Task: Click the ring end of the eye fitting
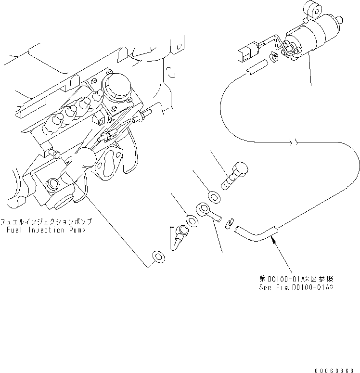[x=203, y=209]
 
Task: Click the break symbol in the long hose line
[x=295, y=142]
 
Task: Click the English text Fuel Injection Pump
[x=46, y=230]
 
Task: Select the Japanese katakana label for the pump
[x=46, y=222]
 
